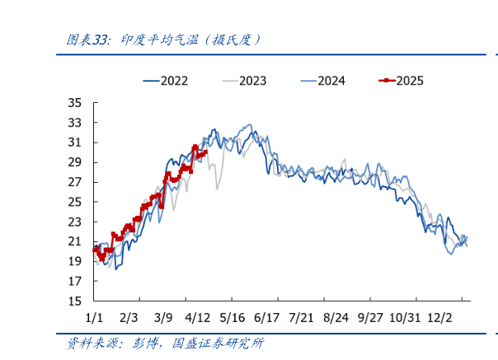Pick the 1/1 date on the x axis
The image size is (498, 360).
coord(94,318)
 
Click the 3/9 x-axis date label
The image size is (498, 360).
coord(163,318)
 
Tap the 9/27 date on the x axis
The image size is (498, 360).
coord(372,318)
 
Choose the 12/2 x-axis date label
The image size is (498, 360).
coord(442,318)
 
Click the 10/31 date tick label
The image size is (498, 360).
coord(405,318)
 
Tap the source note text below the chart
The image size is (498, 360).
coord(165,343)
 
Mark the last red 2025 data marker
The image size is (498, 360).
coord(204,152)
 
